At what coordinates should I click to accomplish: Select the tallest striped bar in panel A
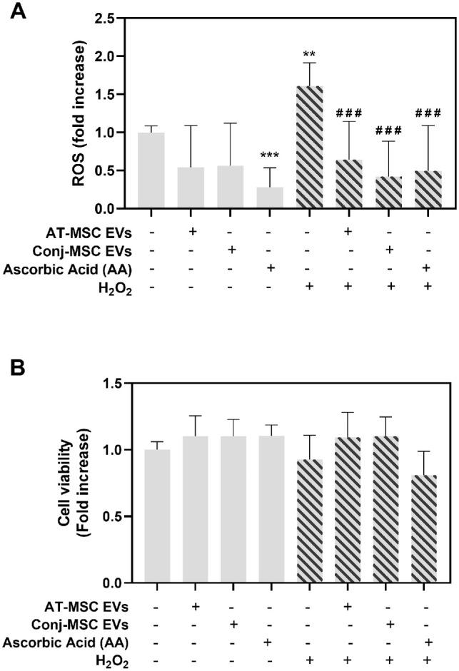tap(311, 147)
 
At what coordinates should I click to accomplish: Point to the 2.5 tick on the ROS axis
tap(112, 18)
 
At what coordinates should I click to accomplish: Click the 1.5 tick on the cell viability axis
tap(112, 384)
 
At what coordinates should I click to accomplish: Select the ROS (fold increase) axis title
tap(80, 114)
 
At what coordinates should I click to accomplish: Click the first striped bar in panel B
tap(311, 521)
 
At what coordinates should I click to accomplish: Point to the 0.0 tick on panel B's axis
tap(112, 583)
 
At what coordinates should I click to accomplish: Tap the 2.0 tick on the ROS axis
tap(112, 56)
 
